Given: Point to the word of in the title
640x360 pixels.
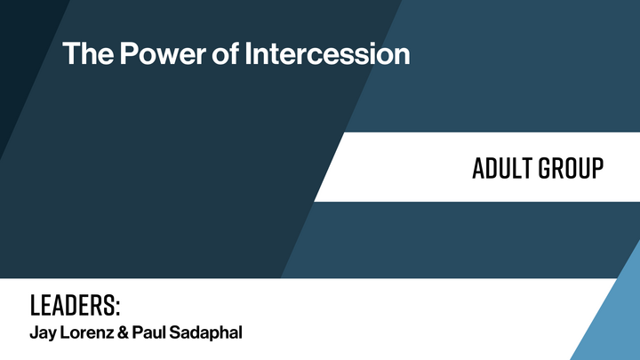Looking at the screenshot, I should click(x=224, y=53).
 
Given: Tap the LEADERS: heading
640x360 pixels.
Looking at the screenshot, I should click(x=75, y=306).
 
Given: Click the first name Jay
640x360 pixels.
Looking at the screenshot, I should click(x=42, y=334).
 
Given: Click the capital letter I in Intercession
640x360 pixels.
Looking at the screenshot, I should click(x=249, y=53).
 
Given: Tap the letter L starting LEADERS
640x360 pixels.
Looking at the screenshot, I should click(x=35, y=306).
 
